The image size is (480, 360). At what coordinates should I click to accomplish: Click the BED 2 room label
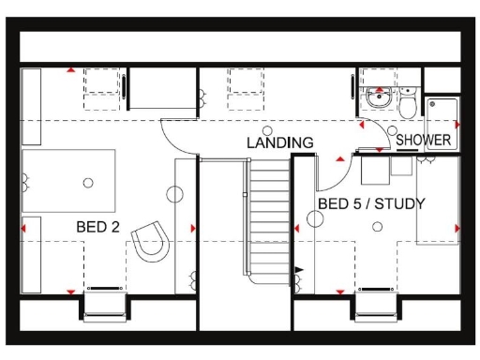[x=97, y=227]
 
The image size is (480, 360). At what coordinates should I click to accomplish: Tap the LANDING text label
[x=279, y=143]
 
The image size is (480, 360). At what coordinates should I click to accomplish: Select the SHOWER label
[x=424, y=141]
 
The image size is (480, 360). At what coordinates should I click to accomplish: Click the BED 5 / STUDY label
[x=371, y=203]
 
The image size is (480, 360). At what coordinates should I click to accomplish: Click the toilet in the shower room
[x=407, y=105]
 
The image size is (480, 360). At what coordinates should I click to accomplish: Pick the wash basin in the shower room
[x=379, y=97]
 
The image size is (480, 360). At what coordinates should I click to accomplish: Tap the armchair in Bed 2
[x=151, y=241]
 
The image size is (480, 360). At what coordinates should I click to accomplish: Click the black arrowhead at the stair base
[x=299, y=270]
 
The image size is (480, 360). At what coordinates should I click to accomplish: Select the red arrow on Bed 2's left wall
[x=25, y=227]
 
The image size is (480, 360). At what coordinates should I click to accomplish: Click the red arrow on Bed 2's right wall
[x=193, y=228]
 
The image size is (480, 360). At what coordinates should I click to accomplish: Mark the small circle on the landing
[x=267, y=130]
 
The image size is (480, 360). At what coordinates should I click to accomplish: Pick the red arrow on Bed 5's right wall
[x=457, y=227]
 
